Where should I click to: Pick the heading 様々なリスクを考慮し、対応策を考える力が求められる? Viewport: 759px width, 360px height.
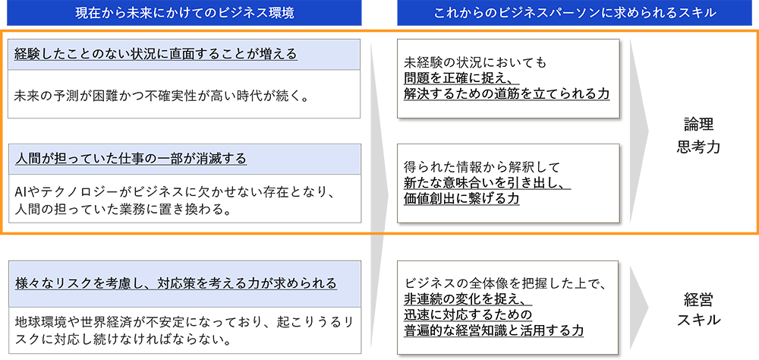click(175, 283)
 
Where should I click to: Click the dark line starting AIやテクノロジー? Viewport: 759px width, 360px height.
click(175, 192)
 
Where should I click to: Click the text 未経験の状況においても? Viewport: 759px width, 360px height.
click(475, 62)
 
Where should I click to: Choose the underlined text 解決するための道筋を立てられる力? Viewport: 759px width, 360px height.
click(506, 93)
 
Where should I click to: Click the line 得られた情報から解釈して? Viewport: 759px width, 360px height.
click(482, 166)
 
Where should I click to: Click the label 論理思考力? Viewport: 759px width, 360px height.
click(698, 136)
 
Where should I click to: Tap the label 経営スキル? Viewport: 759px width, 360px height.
click(698, 310)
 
